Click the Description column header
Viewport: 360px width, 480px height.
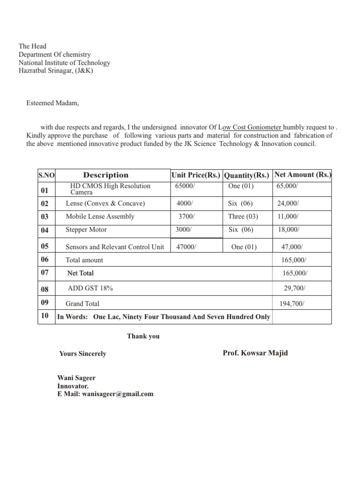click(105, 175)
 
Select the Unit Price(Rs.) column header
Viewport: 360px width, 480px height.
click(196, 175)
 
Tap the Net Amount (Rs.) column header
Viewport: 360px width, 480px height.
click(302, 175)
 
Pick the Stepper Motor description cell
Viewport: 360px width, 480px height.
click(86, 230)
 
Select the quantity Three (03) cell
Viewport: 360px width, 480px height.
click(243, 217)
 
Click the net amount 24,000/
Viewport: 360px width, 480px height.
click(288, 203)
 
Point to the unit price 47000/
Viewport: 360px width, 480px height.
click(186, 247)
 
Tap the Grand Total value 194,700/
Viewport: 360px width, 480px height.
click(292, 304)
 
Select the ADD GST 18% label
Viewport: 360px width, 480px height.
click(90, 289)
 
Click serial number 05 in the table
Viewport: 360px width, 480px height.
click(45, 246)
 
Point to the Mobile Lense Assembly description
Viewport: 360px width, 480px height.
click(100, 217)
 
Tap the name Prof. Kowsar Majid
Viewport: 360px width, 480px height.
click(255, 353)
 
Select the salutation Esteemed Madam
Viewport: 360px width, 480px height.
click(52, 103)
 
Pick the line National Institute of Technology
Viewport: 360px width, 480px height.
click(64, 63)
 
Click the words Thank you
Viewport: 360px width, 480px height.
click(143, 336)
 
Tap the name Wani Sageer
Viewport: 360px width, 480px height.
click(76, 378)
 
